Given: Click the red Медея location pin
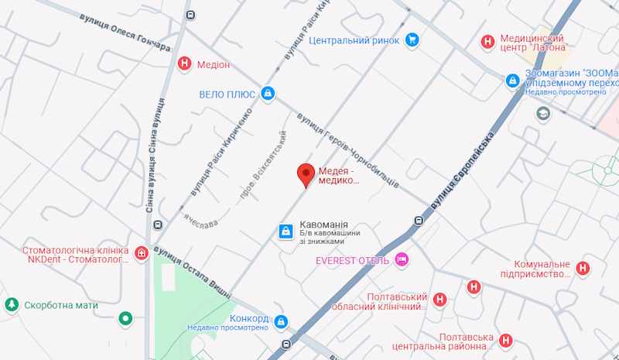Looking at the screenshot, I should tap(306, 175).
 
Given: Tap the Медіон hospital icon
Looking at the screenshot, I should tap(185, 64).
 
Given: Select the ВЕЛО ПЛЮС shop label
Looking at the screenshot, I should tap(227, 94).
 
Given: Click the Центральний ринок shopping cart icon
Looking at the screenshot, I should tap(412, 39).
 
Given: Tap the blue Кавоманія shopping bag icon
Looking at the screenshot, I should tap(286, 231).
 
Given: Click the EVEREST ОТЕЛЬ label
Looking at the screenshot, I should tap(352, 260).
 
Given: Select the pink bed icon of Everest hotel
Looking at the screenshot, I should tap(401, 259).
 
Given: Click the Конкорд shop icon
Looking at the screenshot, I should tap(281, 321).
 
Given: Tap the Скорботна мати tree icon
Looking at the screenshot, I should tap(12, 305).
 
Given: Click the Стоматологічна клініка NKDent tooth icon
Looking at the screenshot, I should tap(141, 253).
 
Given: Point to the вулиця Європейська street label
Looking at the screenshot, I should tap(463, 171).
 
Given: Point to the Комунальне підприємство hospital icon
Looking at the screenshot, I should tap(584, 269).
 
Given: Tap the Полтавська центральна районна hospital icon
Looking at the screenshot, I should tap(505, 340).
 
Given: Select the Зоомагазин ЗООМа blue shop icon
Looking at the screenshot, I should tap(512, 80).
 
